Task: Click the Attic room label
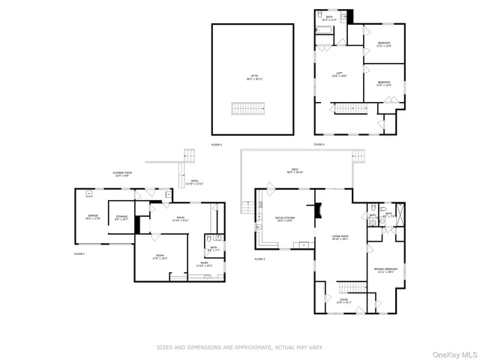(x=253, y=77)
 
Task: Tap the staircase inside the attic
(x=247, y=110)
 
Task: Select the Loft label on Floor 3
(x=339, y=74)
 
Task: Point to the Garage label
(x=92, y=217)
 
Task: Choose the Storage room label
(x=121, y=217)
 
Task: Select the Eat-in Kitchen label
(x=284, y=219)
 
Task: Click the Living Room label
(x=340, y=238)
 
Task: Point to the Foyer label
(x=343, y=301)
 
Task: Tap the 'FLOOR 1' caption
(x=79, y=255)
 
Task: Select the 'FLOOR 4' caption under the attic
(x=216, y=144)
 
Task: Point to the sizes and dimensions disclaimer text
(x=239, y=347)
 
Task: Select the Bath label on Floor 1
(x=213, y=248)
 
